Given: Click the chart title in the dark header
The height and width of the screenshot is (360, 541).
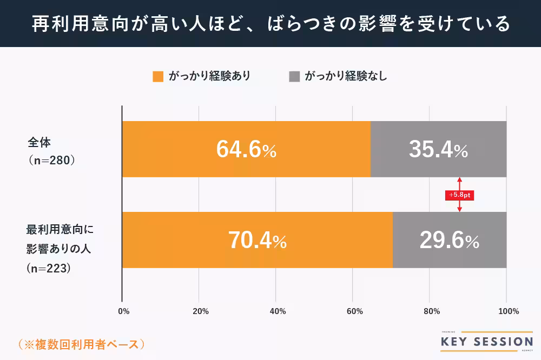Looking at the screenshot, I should [x=270, y=24].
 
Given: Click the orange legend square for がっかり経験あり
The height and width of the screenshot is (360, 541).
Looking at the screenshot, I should [x=158, y=76].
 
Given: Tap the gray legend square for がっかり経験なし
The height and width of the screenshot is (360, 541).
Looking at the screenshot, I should [x=294, y=76].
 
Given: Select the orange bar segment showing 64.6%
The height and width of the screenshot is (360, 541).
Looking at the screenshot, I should [x=246, y=149].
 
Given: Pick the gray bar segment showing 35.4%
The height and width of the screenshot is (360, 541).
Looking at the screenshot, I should [x=438, y=149].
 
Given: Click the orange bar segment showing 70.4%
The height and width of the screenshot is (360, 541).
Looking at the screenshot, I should [x=257, y=240].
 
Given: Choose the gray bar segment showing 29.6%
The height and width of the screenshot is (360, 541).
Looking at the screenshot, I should [x=449, y=240].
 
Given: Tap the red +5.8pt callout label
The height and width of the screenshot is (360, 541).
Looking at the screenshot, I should [x=459, y=195].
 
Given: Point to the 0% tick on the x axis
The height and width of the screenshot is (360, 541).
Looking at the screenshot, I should [x=123, y=311].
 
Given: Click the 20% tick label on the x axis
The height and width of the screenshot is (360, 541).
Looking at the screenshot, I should [x=200, y=311].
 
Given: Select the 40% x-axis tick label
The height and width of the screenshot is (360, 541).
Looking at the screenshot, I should [x=277, y=311].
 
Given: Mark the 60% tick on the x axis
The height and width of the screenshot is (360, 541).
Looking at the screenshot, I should [x=354, y=311].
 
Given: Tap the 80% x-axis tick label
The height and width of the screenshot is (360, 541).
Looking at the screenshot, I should [x=431, y=311].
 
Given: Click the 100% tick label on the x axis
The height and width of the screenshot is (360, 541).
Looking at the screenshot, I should [x=507, y=311].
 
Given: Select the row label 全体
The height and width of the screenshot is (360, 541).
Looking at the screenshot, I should [x=39, y=143].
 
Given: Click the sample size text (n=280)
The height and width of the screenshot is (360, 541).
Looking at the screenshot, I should [x=51, y=161].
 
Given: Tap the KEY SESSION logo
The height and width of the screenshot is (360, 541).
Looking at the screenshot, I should [x=486, y=341].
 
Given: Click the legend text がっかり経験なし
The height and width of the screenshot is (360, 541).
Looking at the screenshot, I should [x=346, y=76].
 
